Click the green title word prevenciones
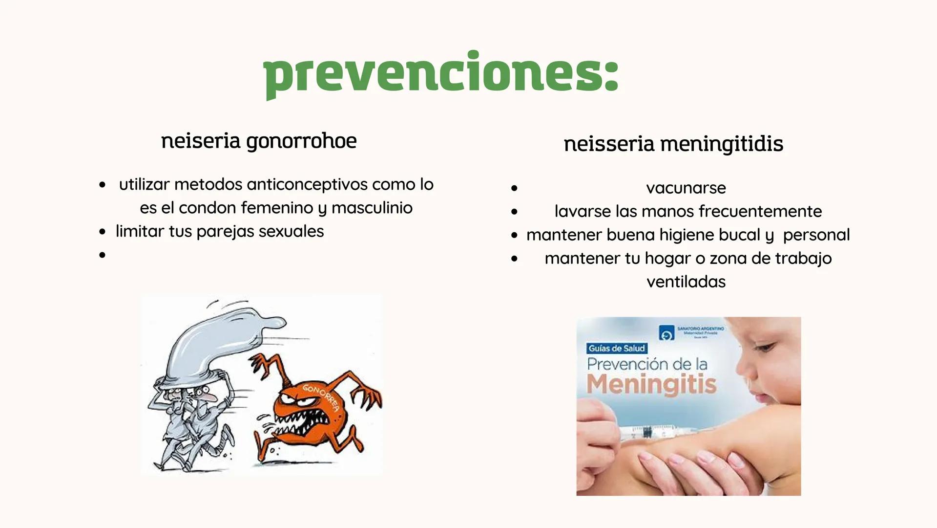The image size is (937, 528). click(x=440, y=75)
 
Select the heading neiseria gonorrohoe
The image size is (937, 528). click(x=259, y=141)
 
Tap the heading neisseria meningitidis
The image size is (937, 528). click(x=673, y=144)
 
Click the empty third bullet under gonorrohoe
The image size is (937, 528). click(x=102, y=255)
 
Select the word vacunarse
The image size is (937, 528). click(x=686, y=188)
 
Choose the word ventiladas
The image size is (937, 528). click(x=686, y=282)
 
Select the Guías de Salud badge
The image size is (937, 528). click(x=617, y=348)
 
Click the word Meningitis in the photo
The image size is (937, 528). click(x=651, y=384)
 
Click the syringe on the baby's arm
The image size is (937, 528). click(x=649, y=432)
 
